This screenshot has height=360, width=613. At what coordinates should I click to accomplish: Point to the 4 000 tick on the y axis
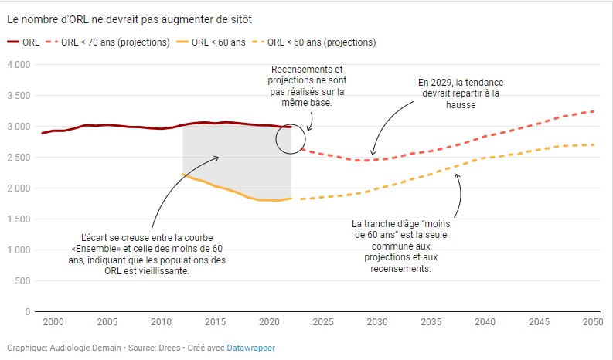[x=18, y=65]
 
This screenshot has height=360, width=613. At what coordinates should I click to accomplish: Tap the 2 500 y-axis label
[x=18, y=158]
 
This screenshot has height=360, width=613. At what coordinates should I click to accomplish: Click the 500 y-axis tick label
[x=22, y=281]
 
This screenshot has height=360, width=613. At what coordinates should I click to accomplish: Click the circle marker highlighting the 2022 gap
[x=291, y=139]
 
